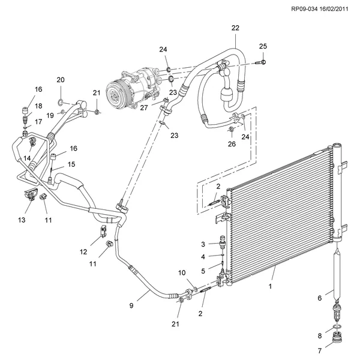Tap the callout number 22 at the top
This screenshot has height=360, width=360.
235,28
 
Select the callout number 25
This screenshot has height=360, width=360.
263,46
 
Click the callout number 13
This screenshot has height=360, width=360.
22,220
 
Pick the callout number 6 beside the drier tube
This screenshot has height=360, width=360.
320,297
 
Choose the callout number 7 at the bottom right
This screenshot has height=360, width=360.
320,351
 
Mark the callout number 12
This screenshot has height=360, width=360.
84,251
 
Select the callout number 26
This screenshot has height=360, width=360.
232,144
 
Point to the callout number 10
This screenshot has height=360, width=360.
182,273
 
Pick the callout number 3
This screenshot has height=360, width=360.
203,244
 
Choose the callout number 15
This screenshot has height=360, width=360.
71,164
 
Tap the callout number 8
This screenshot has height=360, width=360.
320,335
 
